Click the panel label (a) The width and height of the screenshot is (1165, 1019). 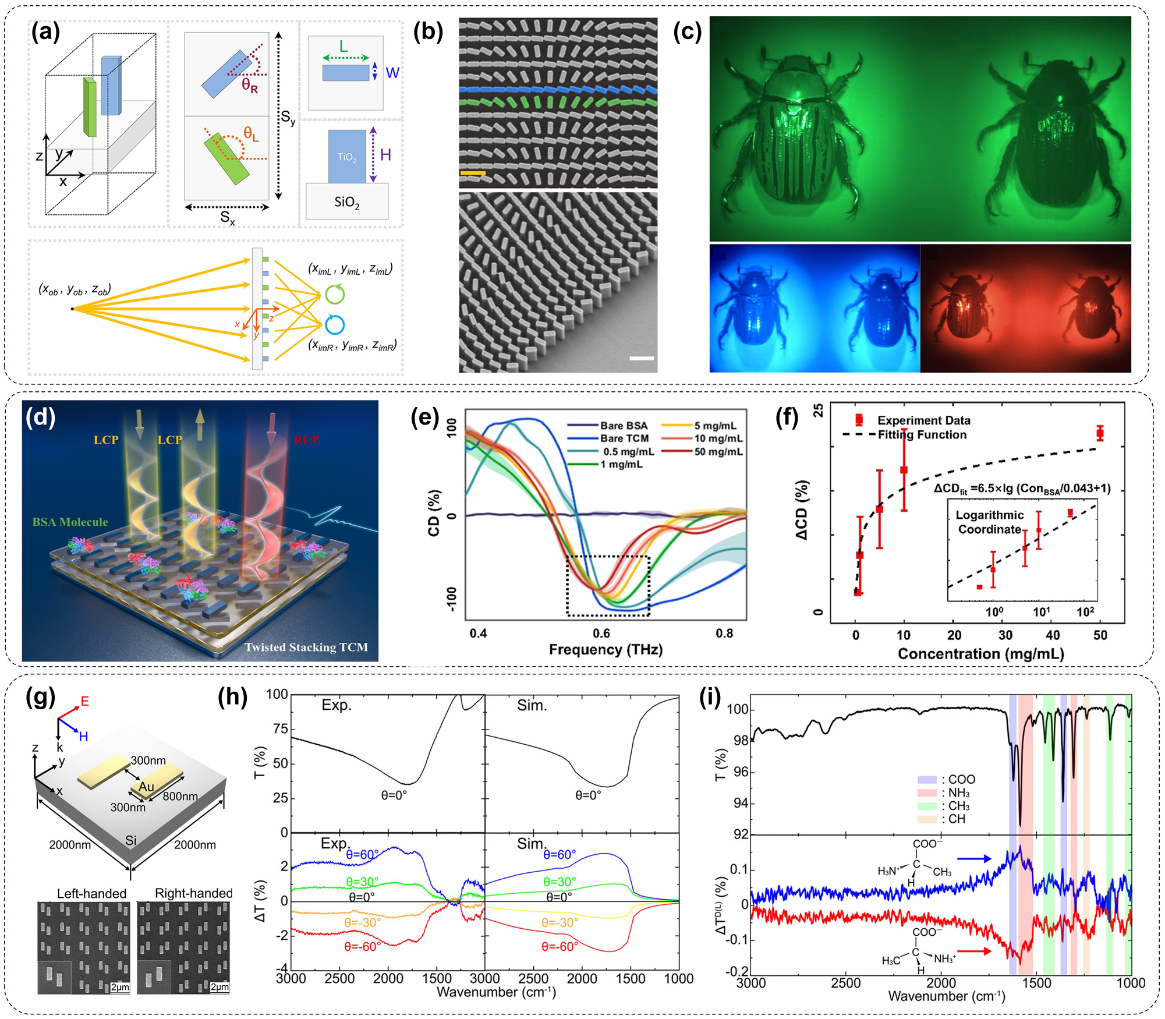coord(45,32)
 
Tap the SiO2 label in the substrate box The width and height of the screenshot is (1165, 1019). coord(347,202)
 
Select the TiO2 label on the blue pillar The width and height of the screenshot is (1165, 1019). coord(347,157)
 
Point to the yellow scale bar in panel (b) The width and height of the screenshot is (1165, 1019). coord(472,173)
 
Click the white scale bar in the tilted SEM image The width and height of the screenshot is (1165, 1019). coord(642,358)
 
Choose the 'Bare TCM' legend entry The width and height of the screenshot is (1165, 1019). coord(624,438)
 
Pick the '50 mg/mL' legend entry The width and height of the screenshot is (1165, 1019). coord(718,452)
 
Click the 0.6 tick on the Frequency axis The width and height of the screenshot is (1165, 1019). coord(601,634)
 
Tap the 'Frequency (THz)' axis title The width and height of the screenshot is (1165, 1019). coord(605,650)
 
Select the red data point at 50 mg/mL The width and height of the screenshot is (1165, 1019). coord(1100,433)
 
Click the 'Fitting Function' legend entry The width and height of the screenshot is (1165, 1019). coord(922,435)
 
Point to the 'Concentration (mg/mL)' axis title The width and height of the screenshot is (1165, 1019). coord(980,654)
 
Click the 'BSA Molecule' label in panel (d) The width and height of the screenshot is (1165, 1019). coord(70,522)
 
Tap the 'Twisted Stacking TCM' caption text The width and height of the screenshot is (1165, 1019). coord(306,647)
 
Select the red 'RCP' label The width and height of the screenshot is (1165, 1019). coord(306,440)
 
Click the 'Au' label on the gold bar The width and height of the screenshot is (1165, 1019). coord(146,787)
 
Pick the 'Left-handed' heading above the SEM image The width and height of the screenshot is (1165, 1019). coord(91,893)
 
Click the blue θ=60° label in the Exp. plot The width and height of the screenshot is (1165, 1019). coord(362,854)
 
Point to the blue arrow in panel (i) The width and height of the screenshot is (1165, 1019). coord(974,858)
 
